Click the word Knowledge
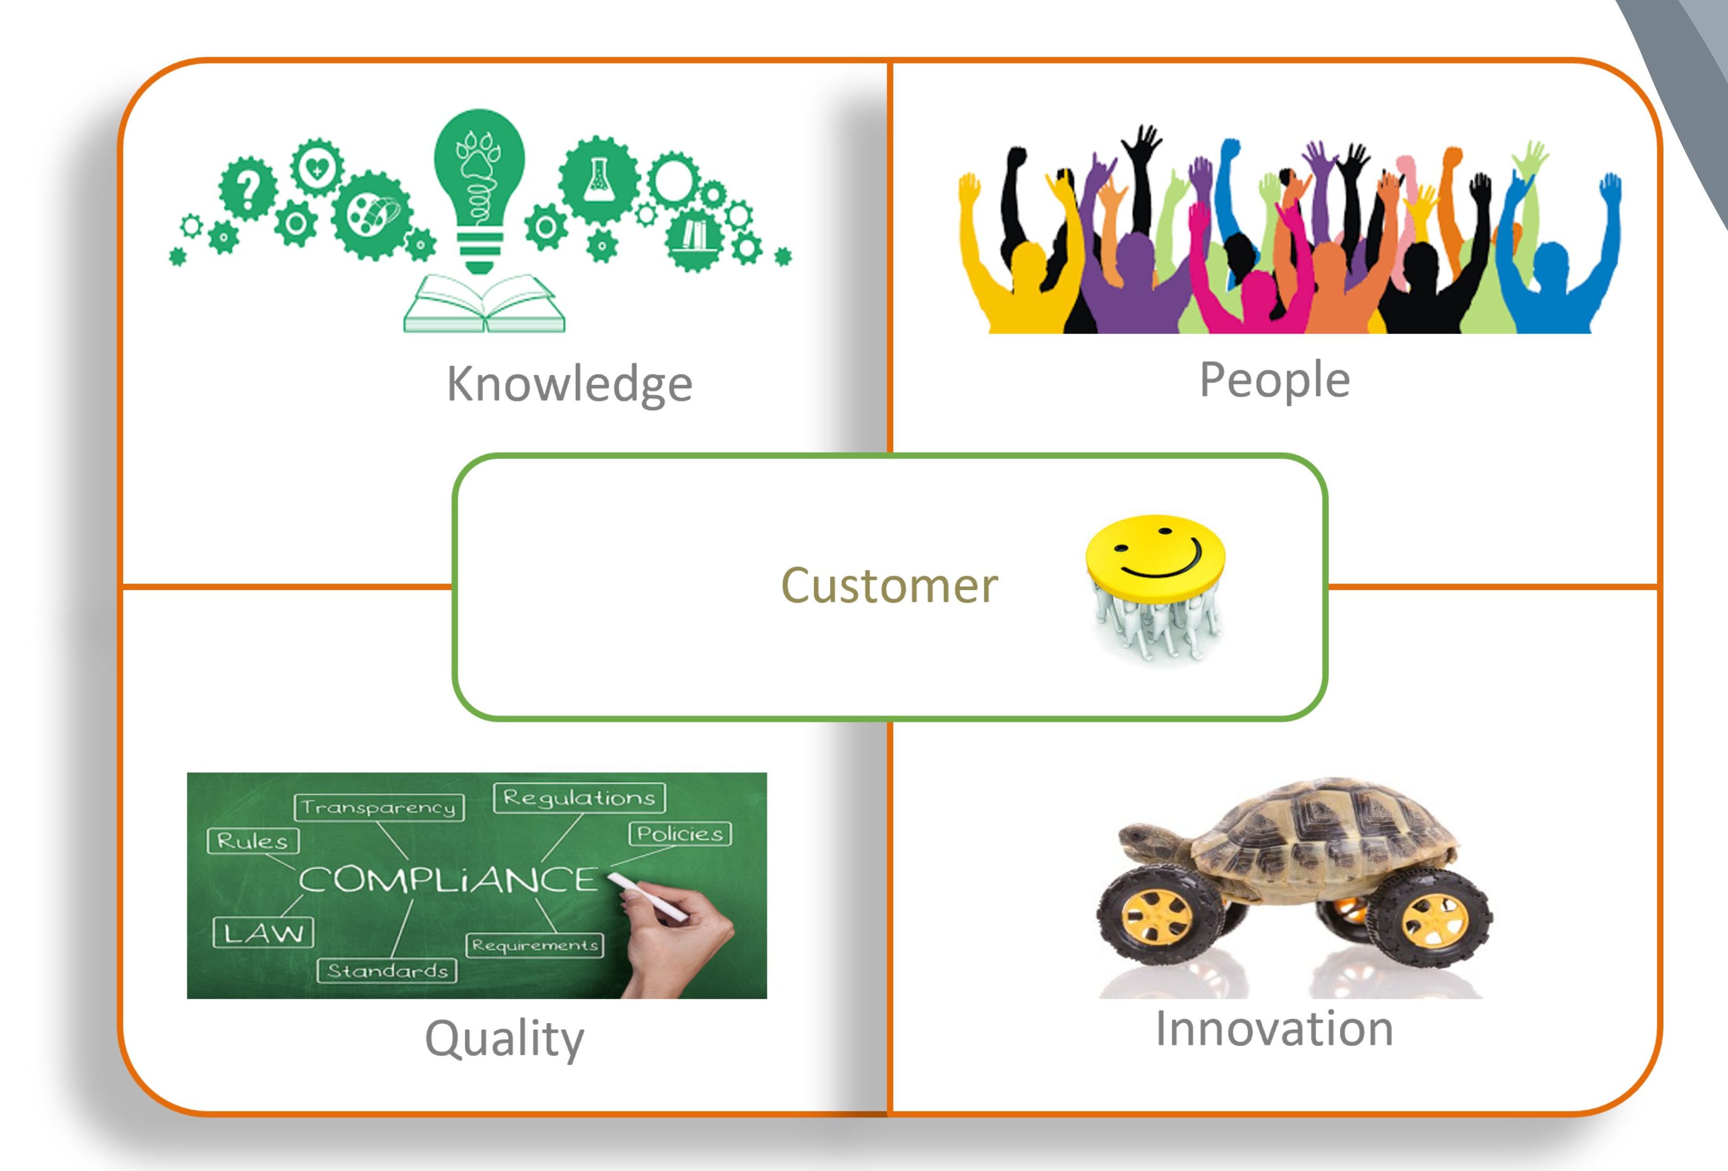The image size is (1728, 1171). click(x=569, y=384)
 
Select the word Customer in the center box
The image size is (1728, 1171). click(x=889, y=586)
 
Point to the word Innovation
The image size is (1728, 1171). click(x=1274, y=1029)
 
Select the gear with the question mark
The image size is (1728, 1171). click(x=248, y=187)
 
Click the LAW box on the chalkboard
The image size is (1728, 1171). click(x=263, y=932)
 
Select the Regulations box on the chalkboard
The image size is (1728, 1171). click(x=579, y=798)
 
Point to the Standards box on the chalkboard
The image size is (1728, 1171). click(x=387, y=971)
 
